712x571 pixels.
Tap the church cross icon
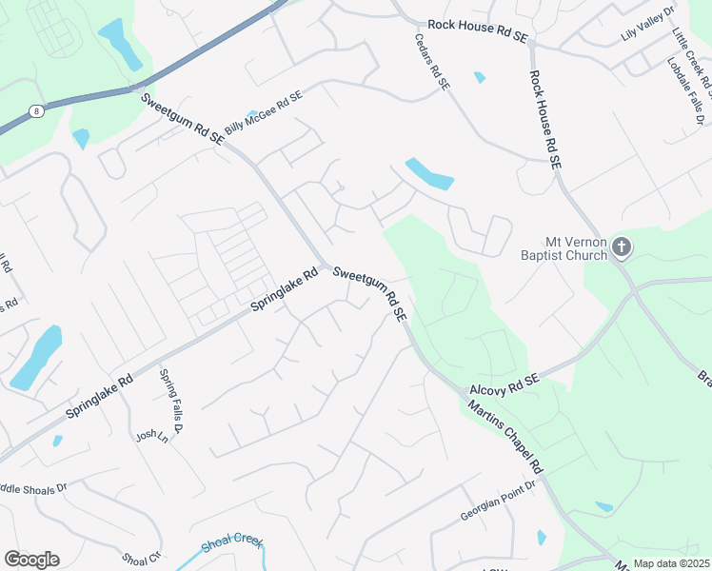pyautogui.click(x=621, y=248)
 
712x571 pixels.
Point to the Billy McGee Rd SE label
pyautogui.click(x=264, y=113)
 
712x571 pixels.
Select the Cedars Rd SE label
pyautogui.click(x=431, y=57)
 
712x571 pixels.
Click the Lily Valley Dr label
pyautogui.click(x=646, y=23)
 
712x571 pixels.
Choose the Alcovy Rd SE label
pyautogui.click(x=504, y=384)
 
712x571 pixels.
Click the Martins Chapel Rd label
pyautogui.click(x=505, y=438)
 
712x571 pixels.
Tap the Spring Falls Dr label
pyautogui.click(x=176, y=398)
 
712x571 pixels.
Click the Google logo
pyautogui.click(x=31, y=560)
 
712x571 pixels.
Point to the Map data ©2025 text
pyautogui.click(x=671, y=563)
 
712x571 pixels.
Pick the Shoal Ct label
pyautogui.click(x=142, y=558)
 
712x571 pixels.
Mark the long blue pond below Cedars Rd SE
pyautogui.click(x=429, y=173)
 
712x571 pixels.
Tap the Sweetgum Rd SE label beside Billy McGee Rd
pyautogui.click(x=183, y=119)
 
